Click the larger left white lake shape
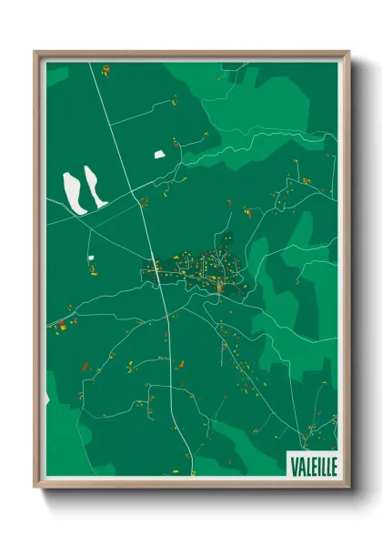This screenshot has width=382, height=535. coord(73,191)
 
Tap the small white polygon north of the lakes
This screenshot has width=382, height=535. coord(160,154)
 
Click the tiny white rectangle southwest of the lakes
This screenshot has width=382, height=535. coord(90,259)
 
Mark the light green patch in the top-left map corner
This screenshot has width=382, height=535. coord(56,75)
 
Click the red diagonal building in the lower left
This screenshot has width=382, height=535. coord(85,366)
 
